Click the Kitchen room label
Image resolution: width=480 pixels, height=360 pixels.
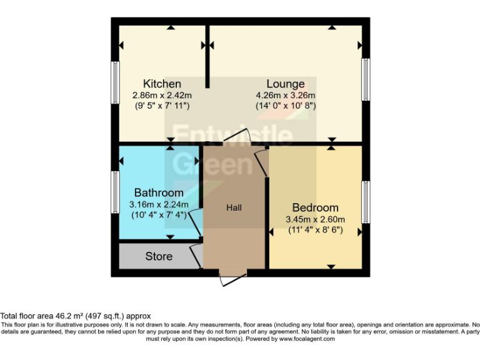tap(162, 84)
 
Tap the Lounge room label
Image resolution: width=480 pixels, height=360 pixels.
tap(286, 84)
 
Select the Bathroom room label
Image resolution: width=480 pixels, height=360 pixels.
tap(159, 192)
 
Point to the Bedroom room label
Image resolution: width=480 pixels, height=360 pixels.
tap(316, 207)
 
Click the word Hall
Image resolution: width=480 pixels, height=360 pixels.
tap(234, 207)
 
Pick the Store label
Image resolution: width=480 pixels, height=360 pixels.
tap(159, 256)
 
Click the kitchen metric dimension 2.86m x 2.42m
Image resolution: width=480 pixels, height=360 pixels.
tap(162, 95)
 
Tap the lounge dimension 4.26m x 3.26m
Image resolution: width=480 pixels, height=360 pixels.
tap(286, 95)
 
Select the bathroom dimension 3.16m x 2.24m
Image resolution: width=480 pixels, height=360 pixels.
tap(159, 204)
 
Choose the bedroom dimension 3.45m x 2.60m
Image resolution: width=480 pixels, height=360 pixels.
tap(316, 219)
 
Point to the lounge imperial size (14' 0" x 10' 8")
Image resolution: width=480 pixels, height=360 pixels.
tap(286, 106)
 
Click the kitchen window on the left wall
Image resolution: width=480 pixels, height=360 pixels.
tap(116, 82)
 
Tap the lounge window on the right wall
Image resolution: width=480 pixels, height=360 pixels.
tap(366, 79)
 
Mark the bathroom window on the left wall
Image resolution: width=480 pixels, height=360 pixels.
tap(116, 192)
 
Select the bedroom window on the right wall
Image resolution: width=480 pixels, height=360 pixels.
tap(366, 201)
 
